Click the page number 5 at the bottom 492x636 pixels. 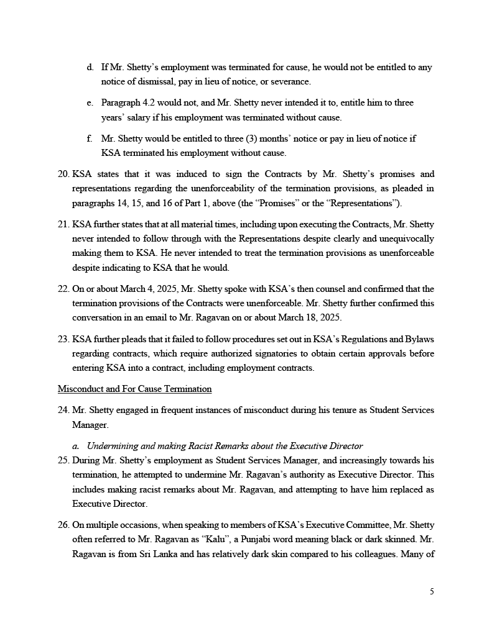pos(432,591)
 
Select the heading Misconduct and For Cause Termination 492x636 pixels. pos(134,389)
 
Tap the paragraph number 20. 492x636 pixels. pos(63,174)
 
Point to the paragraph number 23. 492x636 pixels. pos(63,354)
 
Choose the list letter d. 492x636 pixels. pos(90,67)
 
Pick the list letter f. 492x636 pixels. pos(90,139)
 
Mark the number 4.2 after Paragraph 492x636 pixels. pos(150,102)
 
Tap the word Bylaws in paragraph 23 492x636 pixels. pos(420,354)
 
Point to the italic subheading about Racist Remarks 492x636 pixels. pos(224,446)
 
